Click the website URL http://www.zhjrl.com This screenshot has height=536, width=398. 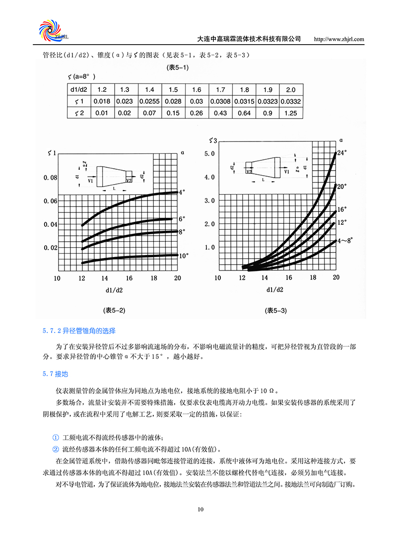coord(340,39)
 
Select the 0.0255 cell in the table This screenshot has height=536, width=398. coord(149,101)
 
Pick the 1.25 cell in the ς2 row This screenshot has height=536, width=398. coord(291,113)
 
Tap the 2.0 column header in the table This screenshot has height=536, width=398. coord(291,90)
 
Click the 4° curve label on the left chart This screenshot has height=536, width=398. coord(182,192)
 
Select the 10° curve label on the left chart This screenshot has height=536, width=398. coord(184,256)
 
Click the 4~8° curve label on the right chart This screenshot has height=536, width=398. coord(345,240)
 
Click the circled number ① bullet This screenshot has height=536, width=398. coord(56,437)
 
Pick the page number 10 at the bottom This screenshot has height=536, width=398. coord(200,509)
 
